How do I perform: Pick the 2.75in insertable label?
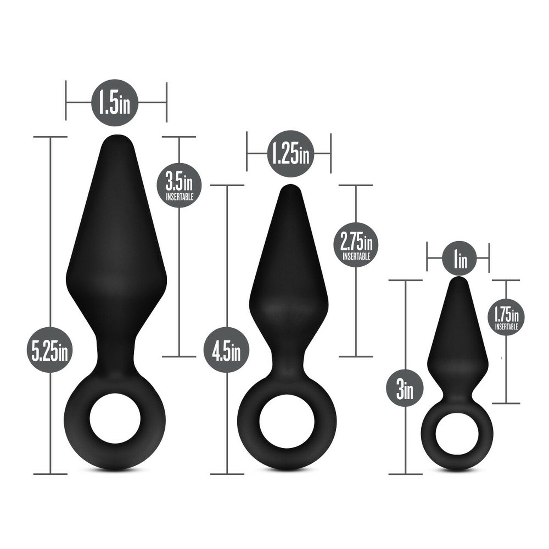(356, 247)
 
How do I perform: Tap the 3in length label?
(405, 390)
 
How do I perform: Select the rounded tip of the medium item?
(290, 190)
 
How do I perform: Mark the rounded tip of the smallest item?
(458, 282)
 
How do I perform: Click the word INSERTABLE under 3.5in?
(179, 198)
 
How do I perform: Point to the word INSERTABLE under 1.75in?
(506, 327)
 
